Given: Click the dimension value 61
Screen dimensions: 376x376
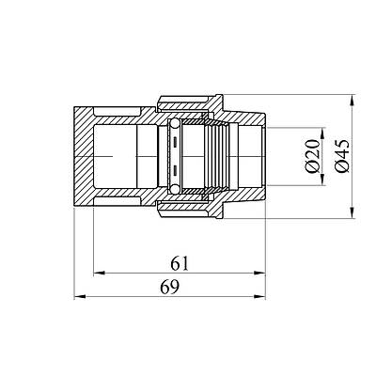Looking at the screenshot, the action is point(180,264).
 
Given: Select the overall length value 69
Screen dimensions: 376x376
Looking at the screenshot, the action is point(170,287).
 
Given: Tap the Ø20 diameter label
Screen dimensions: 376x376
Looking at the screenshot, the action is point(313,156).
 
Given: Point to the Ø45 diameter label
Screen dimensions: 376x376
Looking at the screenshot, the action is point(341,156).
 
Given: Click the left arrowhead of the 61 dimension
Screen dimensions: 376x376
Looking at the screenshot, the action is point(99,274).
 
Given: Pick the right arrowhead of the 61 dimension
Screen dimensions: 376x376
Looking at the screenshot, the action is point(260,274).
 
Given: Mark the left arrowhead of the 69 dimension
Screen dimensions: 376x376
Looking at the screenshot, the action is point(80,296).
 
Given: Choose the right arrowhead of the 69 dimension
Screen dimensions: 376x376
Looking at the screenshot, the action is point(260,296).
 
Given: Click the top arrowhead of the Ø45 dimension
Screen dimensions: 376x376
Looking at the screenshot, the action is point(353,101).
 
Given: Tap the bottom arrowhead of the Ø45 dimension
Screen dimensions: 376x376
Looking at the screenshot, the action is point(353,212).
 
